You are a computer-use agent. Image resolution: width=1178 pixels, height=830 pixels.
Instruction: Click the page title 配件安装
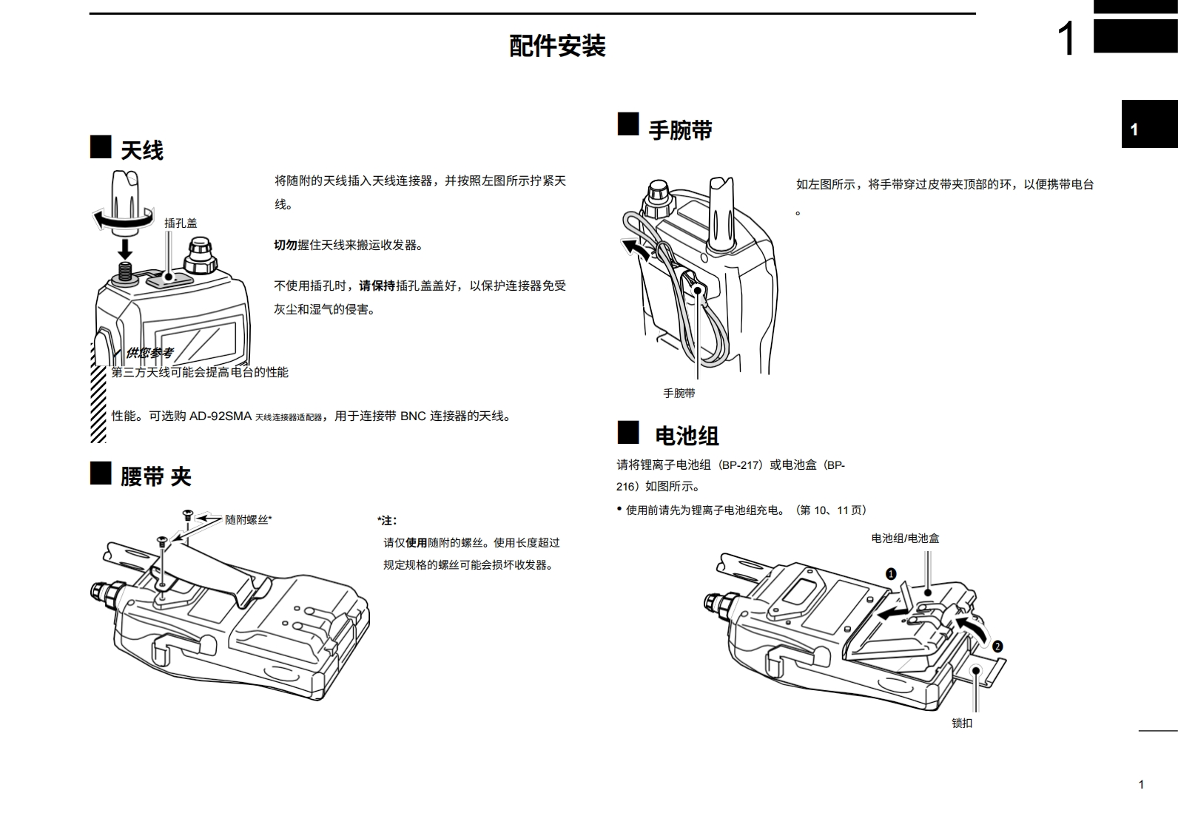click(x=557, y=46)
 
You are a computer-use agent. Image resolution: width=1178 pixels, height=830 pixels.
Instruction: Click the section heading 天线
click(x=141, y=151)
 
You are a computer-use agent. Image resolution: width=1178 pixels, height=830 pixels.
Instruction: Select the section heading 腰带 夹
click(x=155, y=476)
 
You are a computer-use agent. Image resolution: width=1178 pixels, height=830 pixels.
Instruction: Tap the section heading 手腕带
click(x=680, y=130)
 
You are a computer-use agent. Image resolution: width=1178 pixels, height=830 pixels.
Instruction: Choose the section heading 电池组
click(x=687, y=436)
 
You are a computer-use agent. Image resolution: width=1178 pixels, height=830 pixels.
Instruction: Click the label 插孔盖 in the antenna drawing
click(x=181, y=223)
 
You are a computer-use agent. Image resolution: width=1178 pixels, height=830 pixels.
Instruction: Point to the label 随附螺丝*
click(x=248, y=520)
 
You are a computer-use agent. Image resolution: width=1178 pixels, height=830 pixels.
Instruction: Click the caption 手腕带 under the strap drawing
click(x=679, y=394)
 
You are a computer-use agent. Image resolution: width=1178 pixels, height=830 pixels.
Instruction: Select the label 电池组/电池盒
click(x=905, y=539)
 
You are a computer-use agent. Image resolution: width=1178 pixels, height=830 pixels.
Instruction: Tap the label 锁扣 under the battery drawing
click(x=962, y=723)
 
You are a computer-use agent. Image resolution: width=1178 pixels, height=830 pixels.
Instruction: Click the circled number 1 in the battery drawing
click(x=891, y=573)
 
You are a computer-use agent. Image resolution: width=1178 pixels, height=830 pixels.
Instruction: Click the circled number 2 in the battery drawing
click(x=997, y=646)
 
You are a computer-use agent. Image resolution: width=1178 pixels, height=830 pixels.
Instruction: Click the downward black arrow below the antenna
click(x=125, y=248)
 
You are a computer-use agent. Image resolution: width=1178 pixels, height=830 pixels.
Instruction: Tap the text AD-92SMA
click(x=221, y=416)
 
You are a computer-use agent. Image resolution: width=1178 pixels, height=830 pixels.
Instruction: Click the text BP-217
click(x=741, y=465)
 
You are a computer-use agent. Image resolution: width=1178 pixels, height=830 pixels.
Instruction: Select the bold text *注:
click(x=386, y=521)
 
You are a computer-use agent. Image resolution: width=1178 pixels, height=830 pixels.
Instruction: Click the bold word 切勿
click(x=286, y=245)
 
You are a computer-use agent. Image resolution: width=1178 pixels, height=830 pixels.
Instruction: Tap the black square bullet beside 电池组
click(x=628, y=432)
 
